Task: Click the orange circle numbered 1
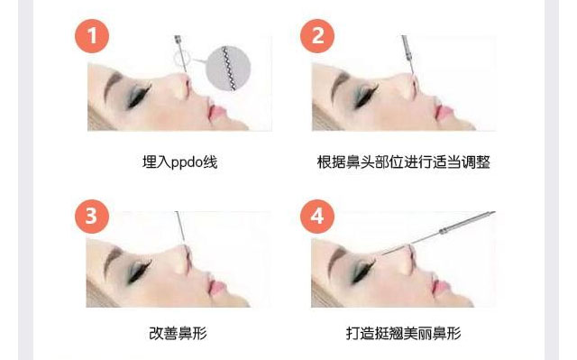92,36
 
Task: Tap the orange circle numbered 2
317,36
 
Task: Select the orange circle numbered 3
92,217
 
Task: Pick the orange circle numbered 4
317,217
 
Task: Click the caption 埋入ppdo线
179,162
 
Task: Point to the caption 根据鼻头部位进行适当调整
403,162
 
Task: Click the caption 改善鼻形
179,333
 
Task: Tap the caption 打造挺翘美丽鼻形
403,333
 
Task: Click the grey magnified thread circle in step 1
228,68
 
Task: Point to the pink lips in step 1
216,112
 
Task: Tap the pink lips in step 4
442,286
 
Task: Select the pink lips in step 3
216,288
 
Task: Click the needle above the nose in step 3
180,226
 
